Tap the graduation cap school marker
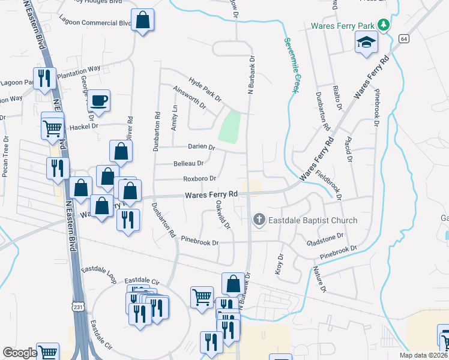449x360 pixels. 365,43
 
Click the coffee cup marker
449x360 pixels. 99,100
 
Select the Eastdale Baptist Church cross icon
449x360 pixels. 259,220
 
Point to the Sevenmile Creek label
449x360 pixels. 291,64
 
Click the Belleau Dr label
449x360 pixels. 188,163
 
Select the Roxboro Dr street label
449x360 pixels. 199,178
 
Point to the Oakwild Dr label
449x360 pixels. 222,214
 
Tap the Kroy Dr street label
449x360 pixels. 279,264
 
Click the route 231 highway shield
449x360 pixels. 79,307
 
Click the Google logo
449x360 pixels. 20,353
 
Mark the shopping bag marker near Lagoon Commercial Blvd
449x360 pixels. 143,20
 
